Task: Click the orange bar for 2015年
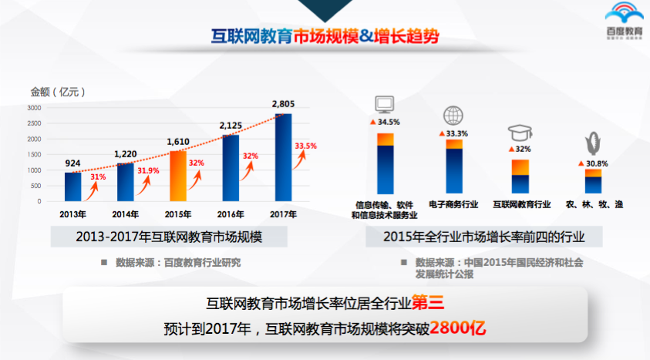pyautogui.click(x=177, y=176)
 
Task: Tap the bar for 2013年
pyautogui.click(x=72, y=186)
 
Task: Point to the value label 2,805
pyautogui.click(x=284, y=103)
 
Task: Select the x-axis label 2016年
pyautogui.click(x=231, y=214)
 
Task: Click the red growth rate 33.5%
pyautogui.click(x=305, y=146)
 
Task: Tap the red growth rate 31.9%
pyautogui.click(x=147, y=170)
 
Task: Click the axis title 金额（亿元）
pyautogui.click(x=58, y=92)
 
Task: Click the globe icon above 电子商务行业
pyautogui.click(x=453, y=116)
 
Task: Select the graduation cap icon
pyautogui.click(x=520, y=133)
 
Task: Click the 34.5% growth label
pyautogui.click(x=389, y=122)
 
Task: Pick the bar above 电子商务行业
pyautogui.click(x=454, y=166)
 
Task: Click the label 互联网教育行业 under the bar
pyautogui.click(x=521, y=204)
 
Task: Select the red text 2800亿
pyautogui.click(x=459, y=327)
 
